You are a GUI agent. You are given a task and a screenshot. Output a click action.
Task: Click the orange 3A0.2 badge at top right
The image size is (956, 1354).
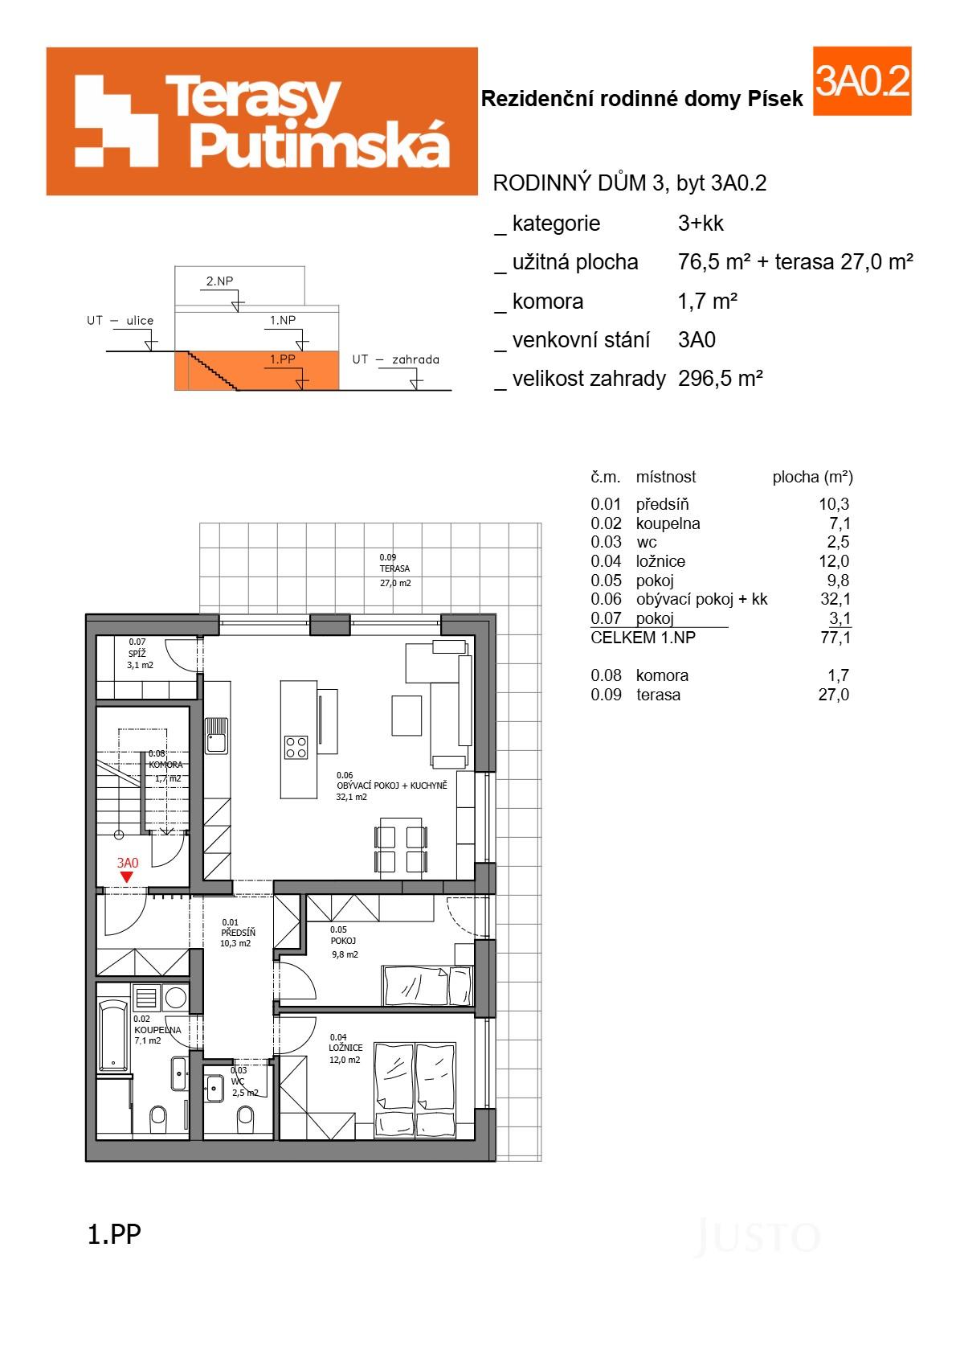coord(861,81)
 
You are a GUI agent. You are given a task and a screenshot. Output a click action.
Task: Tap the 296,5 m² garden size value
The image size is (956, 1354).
coord(720,378)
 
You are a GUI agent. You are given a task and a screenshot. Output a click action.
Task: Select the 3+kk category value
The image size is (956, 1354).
coord(701,224)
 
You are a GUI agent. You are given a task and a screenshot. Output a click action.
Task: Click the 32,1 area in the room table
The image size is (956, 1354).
coord(835,599)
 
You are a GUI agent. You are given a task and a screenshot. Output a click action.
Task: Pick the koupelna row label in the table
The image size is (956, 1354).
coord(668,523)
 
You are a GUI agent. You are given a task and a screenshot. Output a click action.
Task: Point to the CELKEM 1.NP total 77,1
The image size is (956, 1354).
coord(835,638)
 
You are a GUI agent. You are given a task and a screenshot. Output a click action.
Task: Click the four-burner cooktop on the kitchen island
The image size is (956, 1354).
coord(296,747)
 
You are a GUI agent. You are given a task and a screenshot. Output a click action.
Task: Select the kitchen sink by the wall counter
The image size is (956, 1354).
coord(215,735)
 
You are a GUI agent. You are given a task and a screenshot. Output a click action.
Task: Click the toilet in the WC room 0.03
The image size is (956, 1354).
coord(245,1115)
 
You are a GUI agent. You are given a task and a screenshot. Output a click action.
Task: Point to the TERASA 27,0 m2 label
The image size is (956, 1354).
coord(394,569)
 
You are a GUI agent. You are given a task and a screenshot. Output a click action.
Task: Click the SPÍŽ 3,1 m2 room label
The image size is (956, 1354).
coord(140,654)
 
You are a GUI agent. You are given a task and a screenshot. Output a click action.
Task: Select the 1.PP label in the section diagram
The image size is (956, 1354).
coord(282,359)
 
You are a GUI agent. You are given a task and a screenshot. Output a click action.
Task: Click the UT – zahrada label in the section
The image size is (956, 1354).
coord(395,359)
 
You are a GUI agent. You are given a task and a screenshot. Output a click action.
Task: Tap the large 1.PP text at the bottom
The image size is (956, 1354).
coord(113,1233)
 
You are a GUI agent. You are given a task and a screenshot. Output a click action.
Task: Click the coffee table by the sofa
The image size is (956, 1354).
coord(407,716)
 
